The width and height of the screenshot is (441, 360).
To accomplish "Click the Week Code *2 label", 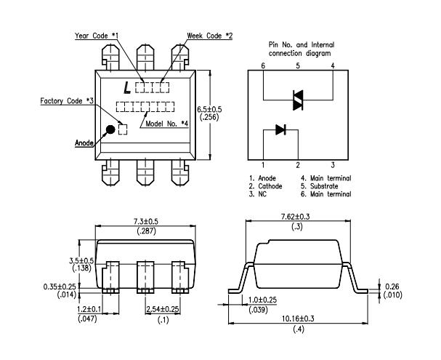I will pos(209,35).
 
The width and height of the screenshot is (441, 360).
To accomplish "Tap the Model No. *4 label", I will pos(169,124).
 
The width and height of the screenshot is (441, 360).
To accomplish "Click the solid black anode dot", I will pos(110,129).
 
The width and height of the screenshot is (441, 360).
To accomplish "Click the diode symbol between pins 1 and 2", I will pos(280,129).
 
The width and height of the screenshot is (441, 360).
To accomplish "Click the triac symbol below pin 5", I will pos(297,100).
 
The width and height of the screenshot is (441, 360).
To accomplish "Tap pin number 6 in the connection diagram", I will pos(262,66).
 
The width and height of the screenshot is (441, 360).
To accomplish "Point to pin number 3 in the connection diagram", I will pos(332,164).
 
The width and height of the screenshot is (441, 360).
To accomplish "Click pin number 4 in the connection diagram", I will pos(332,66).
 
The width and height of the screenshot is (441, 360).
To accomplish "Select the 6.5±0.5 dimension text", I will pos(210,109).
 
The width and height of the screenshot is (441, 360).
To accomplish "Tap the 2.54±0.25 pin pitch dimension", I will pos(163,310).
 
